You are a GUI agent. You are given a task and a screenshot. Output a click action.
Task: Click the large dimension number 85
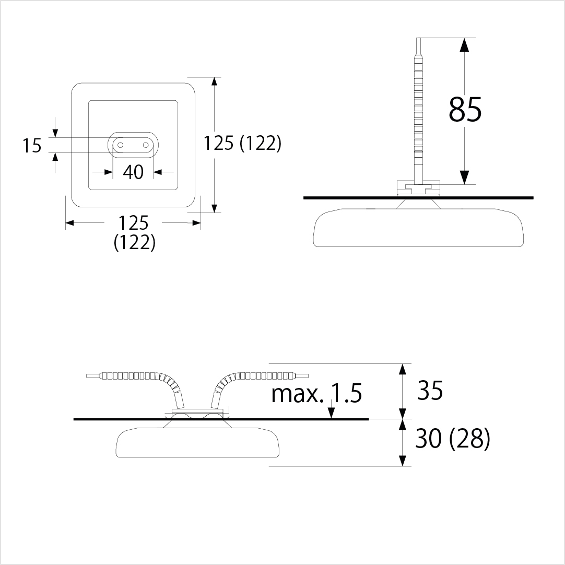[465, 109]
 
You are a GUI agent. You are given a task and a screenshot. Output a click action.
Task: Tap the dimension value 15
[32, 146]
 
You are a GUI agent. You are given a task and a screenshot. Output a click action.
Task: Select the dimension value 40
[133, 172]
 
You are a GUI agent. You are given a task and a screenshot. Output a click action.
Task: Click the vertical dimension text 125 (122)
[242, 143]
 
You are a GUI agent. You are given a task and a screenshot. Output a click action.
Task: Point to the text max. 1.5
[316, 393]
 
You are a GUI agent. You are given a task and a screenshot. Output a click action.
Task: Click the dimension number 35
[430, 390]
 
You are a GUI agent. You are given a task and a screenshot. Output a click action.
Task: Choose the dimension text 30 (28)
[453, 439]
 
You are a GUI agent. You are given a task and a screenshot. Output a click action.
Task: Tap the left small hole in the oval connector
[120, 145]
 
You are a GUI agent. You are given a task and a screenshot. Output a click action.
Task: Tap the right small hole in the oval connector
[146, 145]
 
